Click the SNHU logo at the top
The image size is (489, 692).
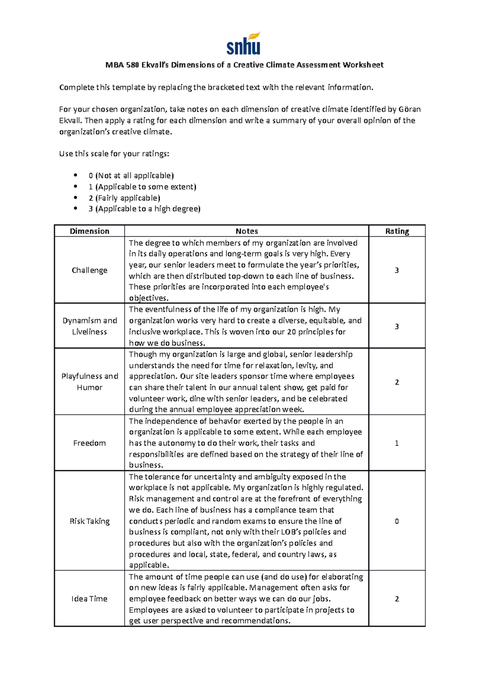pyautogui.click(x=243, y=44)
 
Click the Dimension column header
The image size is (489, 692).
pyautogui.click(x=89, y=231)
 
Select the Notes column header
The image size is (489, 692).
pyautogui.click(x=247, y=231)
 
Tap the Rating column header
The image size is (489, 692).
pyautogui.click(x=397, y=231)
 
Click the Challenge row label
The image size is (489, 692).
pyautogui.click(x=89, y=270)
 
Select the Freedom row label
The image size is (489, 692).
pyautogui.click(x=89, y=443)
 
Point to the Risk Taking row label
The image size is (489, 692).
pyautogui.click(x=89, y=521)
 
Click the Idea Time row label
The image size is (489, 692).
pyautogui.click(x=89, y=599)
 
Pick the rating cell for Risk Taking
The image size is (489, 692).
pyautogui.click(x=397, y=521)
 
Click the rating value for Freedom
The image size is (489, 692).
pyautogui.click(x=397, y=443)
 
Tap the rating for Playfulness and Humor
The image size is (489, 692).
pyautogui.click(x=397, y=382)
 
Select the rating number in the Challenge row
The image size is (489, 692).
pyautogui.click(x=397, y=270)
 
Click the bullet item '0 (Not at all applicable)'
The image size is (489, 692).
pyautogui.click(x=131, y=176)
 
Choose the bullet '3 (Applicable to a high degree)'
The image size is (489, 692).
pyautogui.click(x=144, y=209)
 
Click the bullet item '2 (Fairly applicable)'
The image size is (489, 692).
pyautogui.click(x=124, y=198)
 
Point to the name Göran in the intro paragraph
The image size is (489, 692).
pyautogui.click(x=410, y=109)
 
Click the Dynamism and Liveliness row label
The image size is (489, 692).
pyautogui.click(x=89, y=326)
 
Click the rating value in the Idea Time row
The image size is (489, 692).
pyautogui.click(x=397, y=599)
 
